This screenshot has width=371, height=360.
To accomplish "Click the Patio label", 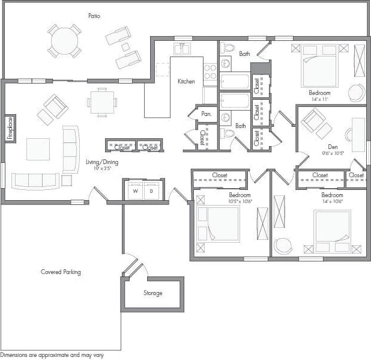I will tap(94, 16).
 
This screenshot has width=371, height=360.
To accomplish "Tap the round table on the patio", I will tap(65, 41).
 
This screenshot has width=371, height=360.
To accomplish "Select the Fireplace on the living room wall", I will tap(10, 127).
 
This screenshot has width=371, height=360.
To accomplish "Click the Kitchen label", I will tap(186, 81).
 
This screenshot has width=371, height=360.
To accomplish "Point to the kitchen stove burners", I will tap(210, 72).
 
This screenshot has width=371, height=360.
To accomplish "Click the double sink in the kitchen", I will tap(182, 49).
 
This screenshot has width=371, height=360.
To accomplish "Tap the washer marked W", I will tap(134, 191).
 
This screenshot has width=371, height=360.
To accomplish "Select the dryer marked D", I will tap(151, 191).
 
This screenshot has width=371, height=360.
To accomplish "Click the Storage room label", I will tap(152, 293).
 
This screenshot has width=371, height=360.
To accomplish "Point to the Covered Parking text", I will tap(61, 272).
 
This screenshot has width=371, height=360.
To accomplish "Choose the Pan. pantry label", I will tap(207, 114).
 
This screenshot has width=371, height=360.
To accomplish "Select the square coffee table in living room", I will tap(38, 148).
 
